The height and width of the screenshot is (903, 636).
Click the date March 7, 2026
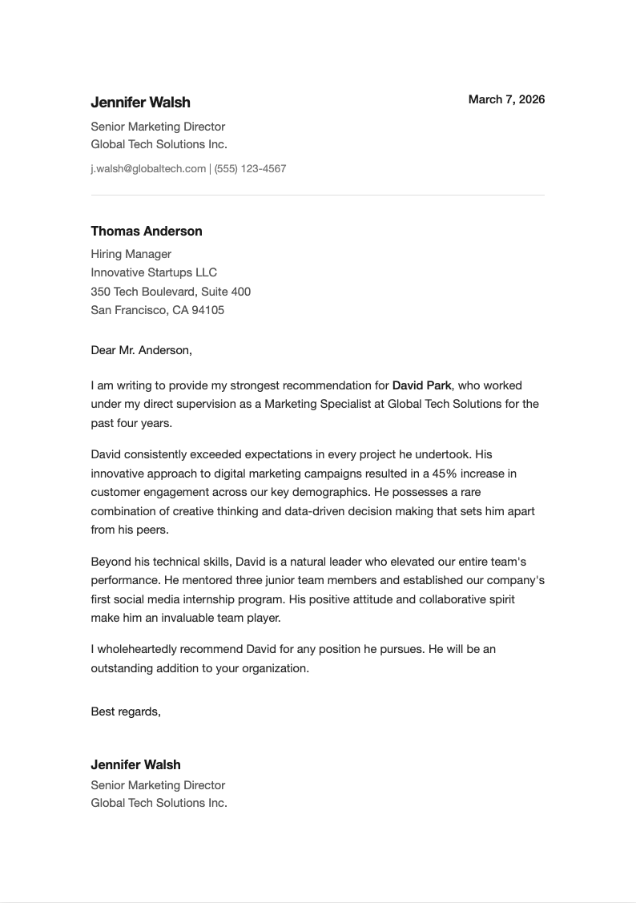(506, 99)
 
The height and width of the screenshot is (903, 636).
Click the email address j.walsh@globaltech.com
(148, 169)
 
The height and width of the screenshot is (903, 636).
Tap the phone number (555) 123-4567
(250, 169)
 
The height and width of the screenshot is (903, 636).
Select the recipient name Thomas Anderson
(147, 232)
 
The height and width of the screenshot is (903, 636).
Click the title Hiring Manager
(131, 254)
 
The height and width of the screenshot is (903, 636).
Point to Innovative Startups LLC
(154, 272)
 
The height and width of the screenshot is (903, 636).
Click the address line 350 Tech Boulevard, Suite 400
(171, 292)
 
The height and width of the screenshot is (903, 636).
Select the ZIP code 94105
(207, 310)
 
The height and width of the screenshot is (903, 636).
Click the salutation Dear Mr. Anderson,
(142, 350)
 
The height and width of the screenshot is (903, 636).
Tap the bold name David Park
(421, 385)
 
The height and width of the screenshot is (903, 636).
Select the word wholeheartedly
(141, 649)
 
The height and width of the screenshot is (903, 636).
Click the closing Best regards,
(126, 712)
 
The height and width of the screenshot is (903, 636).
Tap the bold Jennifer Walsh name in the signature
(135, 765)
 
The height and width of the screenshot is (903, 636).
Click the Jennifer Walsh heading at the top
(140, 103)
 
